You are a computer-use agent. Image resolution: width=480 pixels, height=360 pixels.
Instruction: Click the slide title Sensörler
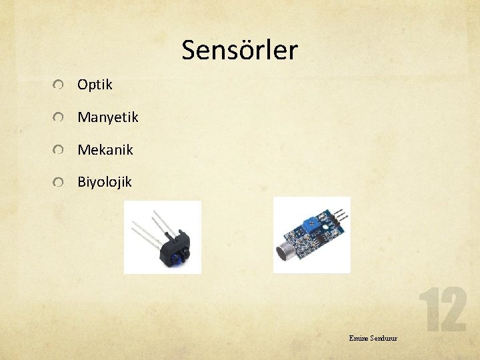point(239,50)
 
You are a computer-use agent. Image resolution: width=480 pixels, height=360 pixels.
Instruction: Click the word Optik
point(95,85)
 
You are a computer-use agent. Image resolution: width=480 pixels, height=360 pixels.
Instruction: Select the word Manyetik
point(107,117)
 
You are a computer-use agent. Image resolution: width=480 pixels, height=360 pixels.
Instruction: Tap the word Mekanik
point(105,150)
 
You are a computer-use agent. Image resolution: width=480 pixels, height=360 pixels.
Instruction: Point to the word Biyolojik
point(104,181)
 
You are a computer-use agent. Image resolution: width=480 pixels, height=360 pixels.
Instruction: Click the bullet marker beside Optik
point(60,85)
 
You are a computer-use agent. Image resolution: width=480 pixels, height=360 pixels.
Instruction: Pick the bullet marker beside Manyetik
point(60,118)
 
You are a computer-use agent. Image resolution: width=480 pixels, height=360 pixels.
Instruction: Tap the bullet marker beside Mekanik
point(60,151)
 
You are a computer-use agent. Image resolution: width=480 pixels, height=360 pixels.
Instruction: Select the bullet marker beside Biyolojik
point(60,182)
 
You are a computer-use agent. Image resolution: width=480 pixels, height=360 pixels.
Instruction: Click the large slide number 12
point(442,310)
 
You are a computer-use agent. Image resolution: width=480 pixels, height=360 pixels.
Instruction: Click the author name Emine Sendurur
point(373,339)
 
